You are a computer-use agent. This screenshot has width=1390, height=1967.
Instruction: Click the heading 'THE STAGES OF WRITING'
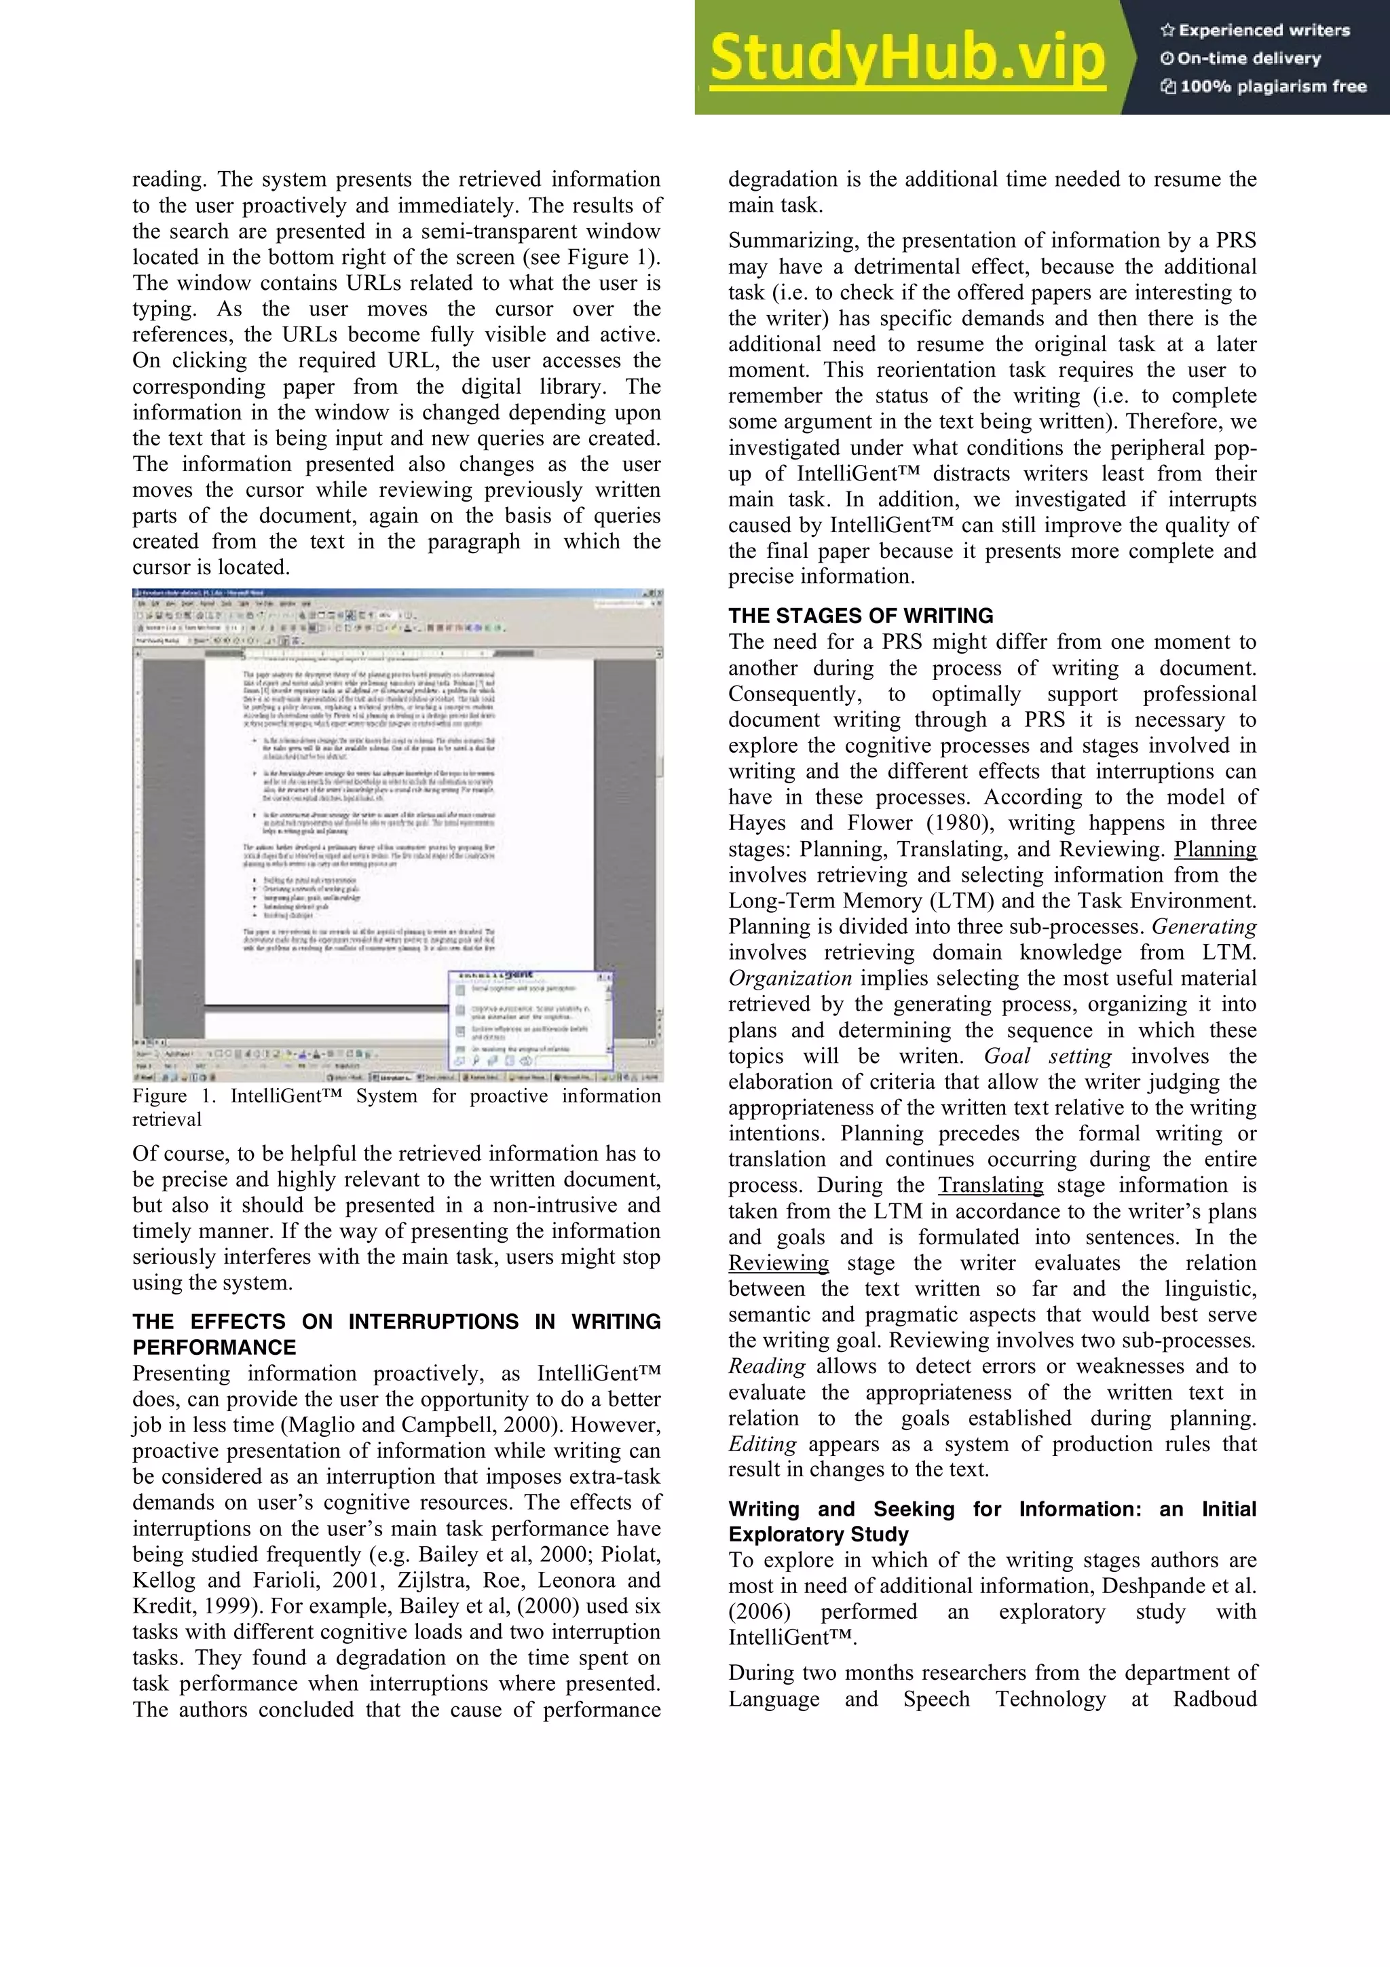[861, 616]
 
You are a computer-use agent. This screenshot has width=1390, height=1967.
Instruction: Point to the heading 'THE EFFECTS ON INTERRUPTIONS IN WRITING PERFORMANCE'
[396, 1334]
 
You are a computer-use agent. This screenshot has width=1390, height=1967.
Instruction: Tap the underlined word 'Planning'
[1214, 849]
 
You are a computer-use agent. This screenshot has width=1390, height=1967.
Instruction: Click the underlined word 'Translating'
[990, 1186]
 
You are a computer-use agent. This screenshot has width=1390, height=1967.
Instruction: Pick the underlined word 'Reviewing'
[778, 1262]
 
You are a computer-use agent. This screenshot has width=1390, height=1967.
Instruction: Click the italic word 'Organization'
[789, 978]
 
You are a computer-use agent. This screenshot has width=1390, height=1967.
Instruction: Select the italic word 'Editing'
[762, 1444]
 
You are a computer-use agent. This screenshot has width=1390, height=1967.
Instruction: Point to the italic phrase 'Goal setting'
[1047, 1056]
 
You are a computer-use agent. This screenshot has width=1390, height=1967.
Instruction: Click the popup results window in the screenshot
[531, 1019]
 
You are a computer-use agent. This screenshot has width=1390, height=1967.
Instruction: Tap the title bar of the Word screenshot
[398, 593]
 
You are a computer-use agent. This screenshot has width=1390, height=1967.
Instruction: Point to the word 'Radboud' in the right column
[1214, 1700]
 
